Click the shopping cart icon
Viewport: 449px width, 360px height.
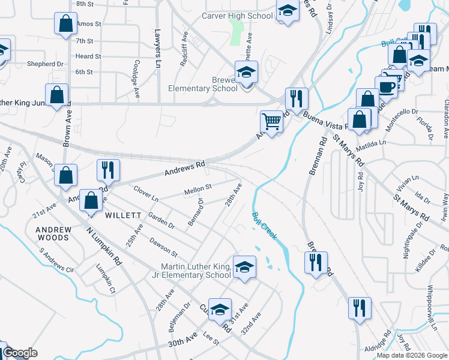click(x=272, y=122)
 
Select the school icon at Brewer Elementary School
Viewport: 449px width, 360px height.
click(x=246, y=73)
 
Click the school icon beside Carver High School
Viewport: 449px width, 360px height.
click(x=288, y=11)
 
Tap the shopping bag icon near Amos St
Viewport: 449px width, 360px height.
click(x=65, y=25)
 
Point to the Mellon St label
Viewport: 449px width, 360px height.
click(x=198, y=190)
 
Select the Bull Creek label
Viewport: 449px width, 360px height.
click(x=264, y=226)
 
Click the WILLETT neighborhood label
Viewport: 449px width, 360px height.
click(x=123, y=215)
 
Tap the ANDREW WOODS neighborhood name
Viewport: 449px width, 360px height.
click(x=53, y=233)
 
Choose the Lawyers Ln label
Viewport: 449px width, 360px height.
click(x=158, y=47)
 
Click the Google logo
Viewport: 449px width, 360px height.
click(x=20, y=353)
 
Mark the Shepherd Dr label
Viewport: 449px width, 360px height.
click(x=45, y=64)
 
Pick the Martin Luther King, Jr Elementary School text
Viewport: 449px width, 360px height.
click(x=196, y=271)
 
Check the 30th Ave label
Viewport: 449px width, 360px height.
click(x=182, y=341)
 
